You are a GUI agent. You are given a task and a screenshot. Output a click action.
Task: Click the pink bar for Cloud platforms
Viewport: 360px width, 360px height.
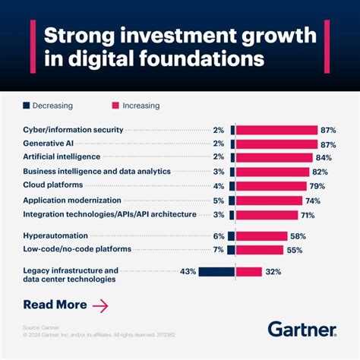(x=271, y=186)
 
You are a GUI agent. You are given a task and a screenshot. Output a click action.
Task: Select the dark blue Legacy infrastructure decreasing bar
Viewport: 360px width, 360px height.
(x=216, y=271)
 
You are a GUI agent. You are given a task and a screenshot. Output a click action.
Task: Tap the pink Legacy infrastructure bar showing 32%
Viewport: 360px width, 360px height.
(x=249, y=271)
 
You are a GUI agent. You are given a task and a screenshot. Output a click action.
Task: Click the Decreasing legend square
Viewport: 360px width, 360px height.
(x=26, y=106)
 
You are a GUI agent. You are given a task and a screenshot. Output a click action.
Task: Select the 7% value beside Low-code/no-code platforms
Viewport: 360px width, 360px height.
(x=218, y=250)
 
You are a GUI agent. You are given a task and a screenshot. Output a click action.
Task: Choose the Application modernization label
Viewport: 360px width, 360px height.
(x=72, y=201)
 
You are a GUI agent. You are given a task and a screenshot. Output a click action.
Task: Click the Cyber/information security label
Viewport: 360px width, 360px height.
(x=78, y=130)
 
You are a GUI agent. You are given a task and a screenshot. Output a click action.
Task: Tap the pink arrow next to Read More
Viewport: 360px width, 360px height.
(x=99, y=305)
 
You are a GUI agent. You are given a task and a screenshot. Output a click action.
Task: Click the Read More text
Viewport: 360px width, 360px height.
(x=55, y=305)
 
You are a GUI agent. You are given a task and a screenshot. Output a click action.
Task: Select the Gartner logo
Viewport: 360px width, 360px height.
(x=302, y=329)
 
